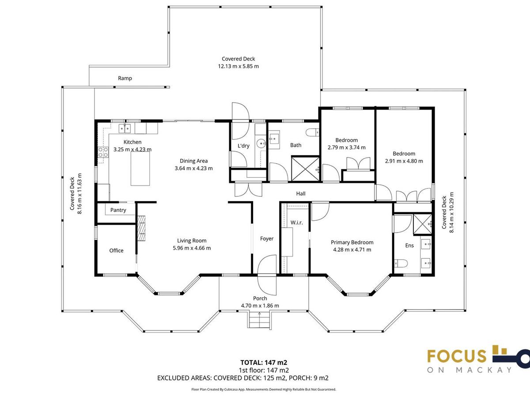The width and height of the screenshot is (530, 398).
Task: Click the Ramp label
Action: (125, 78)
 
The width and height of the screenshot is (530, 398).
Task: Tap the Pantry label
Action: (118, 210)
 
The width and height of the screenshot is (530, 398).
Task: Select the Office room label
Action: (116, 251)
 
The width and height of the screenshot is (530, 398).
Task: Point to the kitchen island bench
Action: (140, 168)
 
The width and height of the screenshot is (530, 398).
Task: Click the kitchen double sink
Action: (125, 128)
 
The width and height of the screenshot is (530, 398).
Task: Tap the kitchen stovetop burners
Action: (103, 152)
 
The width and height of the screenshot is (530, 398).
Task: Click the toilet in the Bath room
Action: (312, 132)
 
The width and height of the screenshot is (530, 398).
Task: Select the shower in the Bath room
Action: (306, 169)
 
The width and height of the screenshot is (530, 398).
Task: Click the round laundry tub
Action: (261, 144)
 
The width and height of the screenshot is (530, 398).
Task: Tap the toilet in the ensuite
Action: (401, 263)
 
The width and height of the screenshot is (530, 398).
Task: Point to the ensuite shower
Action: (423, 224)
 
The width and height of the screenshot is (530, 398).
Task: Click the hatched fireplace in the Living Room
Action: (141, 228)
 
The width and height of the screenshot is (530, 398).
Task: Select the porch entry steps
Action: (259, 320)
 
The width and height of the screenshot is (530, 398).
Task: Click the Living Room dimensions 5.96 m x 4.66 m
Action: (192, 248)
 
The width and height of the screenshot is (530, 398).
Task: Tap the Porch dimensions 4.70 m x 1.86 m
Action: (260, 306)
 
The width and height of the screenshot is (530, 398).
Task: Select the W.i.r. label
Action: (296, 222)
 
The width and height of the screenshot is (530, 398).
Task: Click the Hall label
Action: (301, 194)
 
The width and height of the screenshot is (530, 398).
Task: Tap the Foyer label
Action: (267, 239)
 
